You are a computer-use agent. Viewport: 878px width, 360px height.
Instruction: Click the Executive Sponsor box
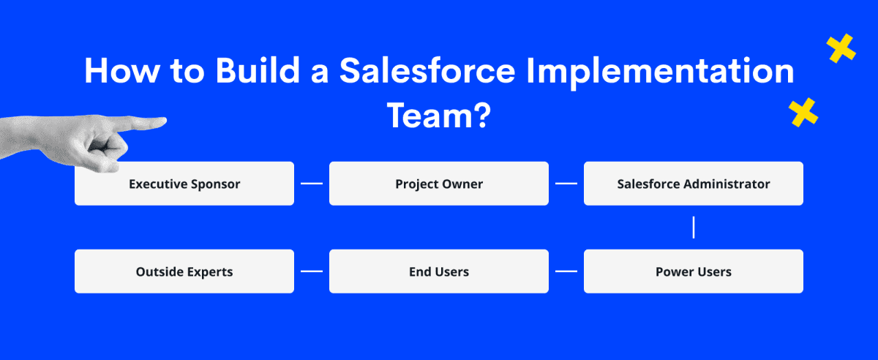(x=184, y=184)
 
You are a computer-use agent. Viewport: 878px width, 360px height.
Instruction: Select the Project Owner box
(x=439, y=184)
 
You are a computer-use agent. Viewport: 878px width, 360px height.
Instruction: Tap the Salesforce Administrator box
(x=694, y=184)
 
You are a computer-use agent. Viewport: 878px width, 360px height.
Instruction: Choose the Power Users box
(x=694, y=271)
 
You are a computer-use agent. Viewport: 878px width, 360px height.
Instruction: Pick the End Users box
(x=439, y=271)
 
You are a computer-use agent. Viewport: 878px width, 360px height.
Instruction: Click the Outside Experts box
(x=184, y=271)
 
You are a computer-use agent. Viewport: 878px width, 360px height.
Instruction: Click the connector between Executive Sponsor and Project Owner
(x=312, y=184)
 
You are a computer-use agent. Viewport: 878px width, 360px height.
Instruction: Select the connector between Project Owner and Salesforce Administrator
(x=566, y=184)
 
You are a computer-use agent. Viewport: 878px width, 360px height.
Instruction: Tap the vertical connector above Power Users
(x=694, y=228)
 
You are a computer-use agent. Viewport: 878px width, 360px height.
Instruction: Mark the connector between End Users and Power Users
(x=566, y=271)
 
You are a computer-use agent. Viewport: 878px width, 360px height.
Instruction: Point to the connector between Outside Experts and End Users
(x=312, y=271)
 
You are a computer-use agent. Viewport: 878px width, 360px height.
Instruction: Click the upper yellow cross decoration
(x=841, y=48)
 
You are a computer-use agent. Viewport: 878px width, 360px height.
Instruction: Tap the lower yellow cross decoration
(x=803, y=113)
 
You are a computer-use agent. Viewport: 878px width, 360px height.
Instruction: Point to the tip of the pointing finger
(x=166, y=121)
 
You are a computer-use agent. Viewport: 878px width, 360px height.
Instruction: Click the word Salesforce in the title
(x=427, y=71)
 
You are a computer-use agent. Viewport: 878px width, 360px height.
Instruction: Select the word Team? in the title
(x=439, y=116)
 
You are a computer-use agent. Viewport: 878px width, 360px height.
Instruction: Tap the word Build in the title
(x=258, y=70)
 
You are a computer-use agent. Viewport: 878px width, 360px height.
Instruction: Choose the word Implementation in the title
(x=661, y=73)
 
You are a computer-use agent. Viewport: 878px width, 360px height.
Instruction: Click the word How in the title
(x=122, y=71)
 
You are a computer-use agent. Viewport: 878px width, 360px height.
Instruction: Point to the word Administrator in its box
(x=727, y=184)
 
